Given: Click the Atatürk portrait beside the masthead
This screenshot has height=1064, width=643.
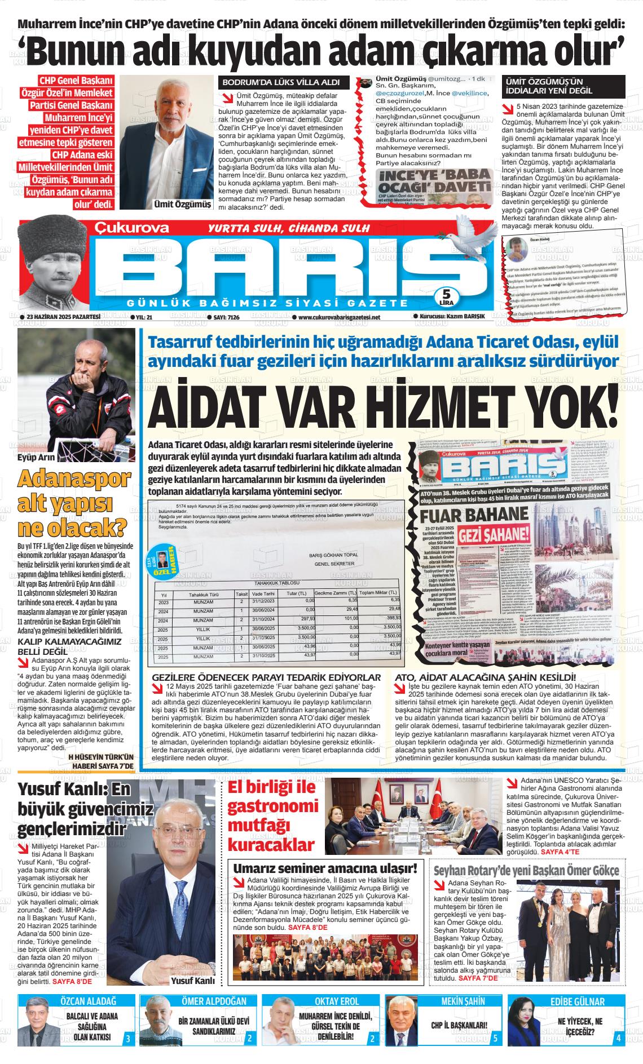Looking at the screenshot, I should click(51, 263).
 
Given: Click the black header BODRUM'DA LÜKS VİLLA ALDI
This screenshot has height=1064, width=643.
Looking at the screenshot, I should click(281, 82).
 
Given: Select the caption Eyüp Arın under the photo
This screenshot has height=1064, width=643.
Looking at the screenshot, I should click(33, 458).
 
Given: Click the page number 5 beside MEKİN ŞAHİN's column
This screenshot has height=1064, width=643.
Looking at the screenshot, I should click(495, 1038).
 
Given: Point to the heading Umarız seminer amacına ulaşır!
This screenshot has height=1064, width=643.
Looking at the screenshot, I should click(325, 868).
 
